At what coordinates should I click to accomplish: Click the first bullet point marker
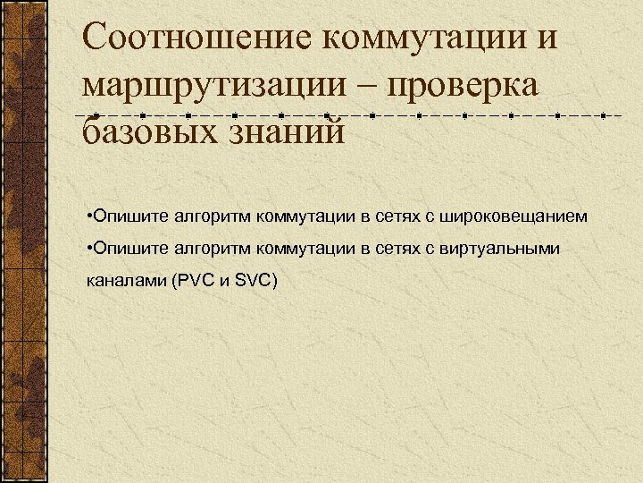click(x=90, y=216)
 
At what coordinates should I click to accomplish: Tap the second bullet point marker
click(x=90, y=249)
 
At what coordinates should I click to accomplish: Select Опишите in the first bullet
click(x=128, y=216)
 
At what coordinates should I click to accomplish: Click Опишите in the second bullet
click(x=128, y=249)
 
